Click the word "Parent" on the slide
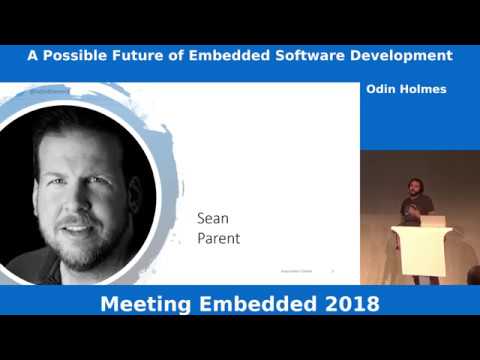pos(219,239)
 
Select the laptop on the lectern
pos(432,220)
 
